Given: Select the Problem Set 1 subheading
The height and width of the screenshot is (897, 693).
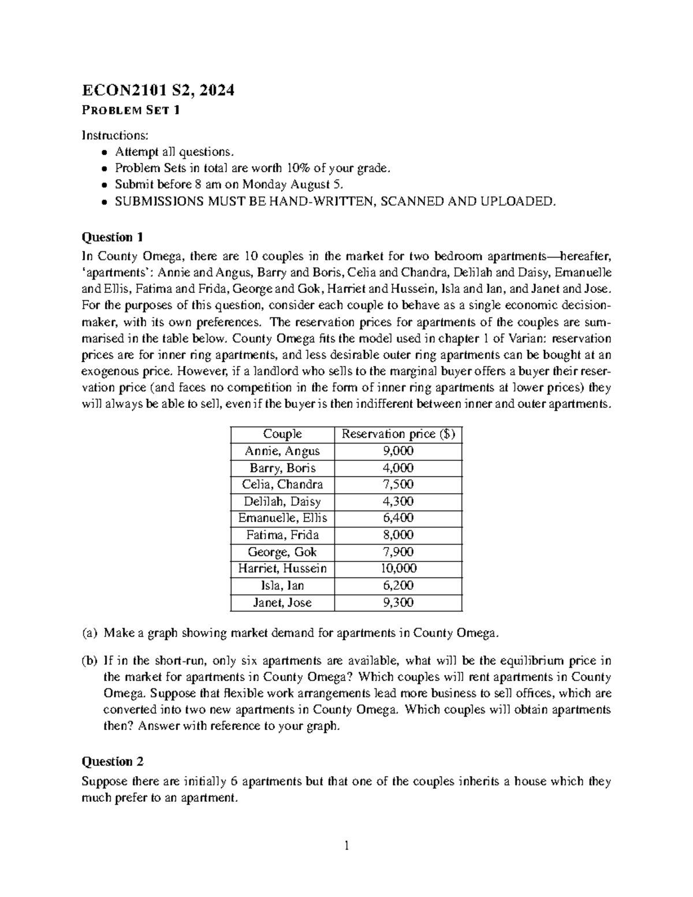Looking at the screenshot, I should [x=131, y=110].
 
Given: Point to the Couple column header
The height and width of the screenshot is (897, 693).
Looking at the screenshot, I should [x=282, y=434].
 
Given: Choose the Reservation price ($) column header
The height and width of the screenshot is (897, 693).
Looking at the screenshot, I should [x=398, y=434].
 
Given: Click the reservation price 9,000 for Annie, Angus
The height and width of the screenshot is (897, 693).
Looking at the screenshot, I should [x=398, y=451].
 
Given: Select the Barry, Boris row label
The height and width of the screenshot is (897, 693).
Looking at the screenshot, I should [x=282, y=468].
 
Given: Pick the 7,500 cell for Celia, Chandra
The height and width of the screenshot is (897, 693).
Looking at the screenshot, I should [x=398, y=485].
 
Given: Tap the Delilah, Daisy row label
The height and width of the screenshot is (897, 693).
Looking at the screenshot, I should [x=282, y=501].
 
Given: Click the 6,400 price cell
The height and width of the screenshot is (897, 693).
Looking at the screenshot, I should [x=398, y=518].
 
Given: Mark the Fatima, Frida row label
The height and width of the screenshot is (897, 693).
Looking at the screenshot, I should [x=282, y=535].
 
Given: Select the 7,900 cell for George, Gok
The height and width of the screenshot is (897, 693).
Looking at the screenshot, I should [x=398, y=552].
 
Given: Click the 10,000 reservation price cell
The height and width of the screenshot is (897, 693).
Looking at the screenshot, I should [x=398, y=568].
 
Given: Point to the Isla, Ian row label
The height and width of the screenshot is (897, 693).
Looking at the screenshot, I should [x=282, y=586].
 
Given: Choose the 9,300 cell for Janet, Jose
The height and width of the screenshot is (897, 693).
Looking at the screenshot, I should [x=398, y=602].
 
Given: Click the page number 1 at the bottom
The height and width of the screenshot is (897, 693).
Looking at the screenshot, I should [x=346, y=847].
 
